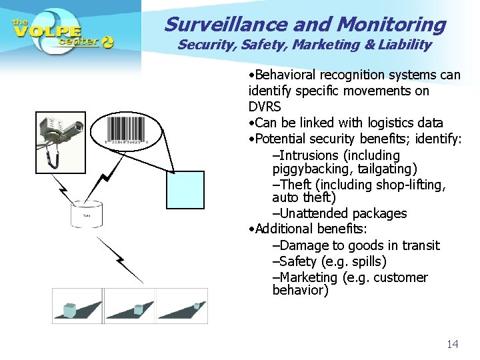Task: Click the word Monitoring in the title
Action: pos(391,24)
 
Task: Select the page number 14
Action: pos(452,344)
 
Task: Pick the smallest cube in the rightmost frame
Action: pos(197,306)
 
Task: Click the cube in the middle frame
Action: pos(139,309)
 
